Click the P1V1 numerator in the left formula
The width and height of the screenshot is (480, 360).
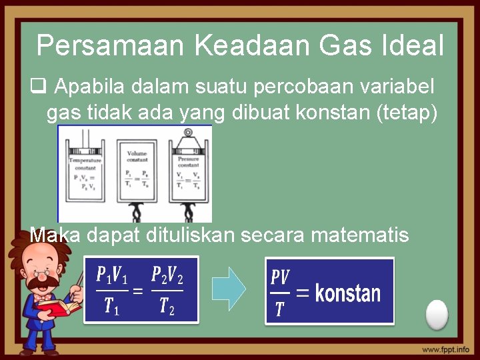pos(111,275)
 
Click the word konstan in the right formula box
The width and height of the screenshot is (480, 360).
pos(347,293)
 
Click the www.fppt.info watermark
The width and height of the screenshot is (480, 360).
pos(445,349)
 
